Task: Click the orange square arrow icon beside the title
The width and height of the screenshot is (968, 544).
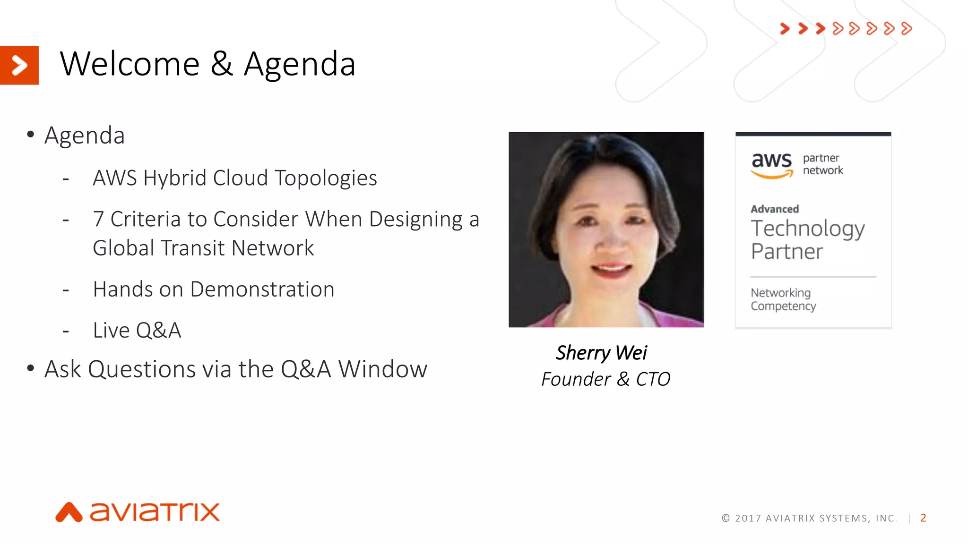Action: click(19, 65)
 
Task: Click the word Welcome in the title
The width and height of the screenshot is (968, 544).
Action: click(130, 64)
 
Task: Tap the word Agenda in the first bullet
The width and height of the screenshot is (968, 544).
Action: click(85, 136)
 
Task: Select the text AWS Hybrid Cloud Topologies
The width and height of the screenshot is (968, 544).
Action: click(234, 178)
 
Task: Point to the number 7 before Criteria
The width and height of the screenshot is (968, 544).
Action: click(98, 219)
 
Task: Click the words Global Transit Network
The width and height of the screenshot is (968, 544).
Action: click(203, 248)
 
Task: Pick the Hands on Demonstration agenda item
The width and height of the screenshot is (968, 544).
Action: click(214, 289)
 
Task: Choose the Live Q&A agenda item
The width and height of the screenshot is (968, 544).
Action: click(137, 330)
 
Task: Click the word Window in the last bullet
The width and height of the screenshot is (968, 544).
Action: click(383, 369)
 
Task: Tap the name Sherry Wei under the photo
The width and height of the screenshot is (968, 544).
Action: click(601, 353)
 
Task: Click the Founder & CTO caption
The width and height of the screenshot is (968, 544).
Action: click(605, 379)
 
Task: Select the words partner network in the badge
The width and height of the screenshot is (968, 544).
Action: click(822, 164)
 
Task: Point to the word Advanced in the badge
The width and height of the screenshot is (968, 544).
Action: click(775, 209)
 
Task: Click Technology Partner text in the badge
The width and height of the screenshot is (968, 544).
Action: click(807, 239)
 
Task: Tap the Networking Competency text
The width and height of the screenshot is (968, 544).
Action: click(783, 299)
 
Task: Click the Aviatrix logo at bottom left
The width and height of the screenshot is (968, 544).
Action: click(138, 512)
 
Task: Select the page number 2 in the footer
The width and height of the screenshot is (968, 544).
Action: click(923, 518)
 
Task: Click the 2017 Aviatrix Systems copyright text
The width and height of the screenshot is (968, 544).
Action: click(809, 518)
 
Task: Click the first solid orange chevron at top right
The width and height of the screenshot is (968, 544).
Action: click(785, 29)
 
